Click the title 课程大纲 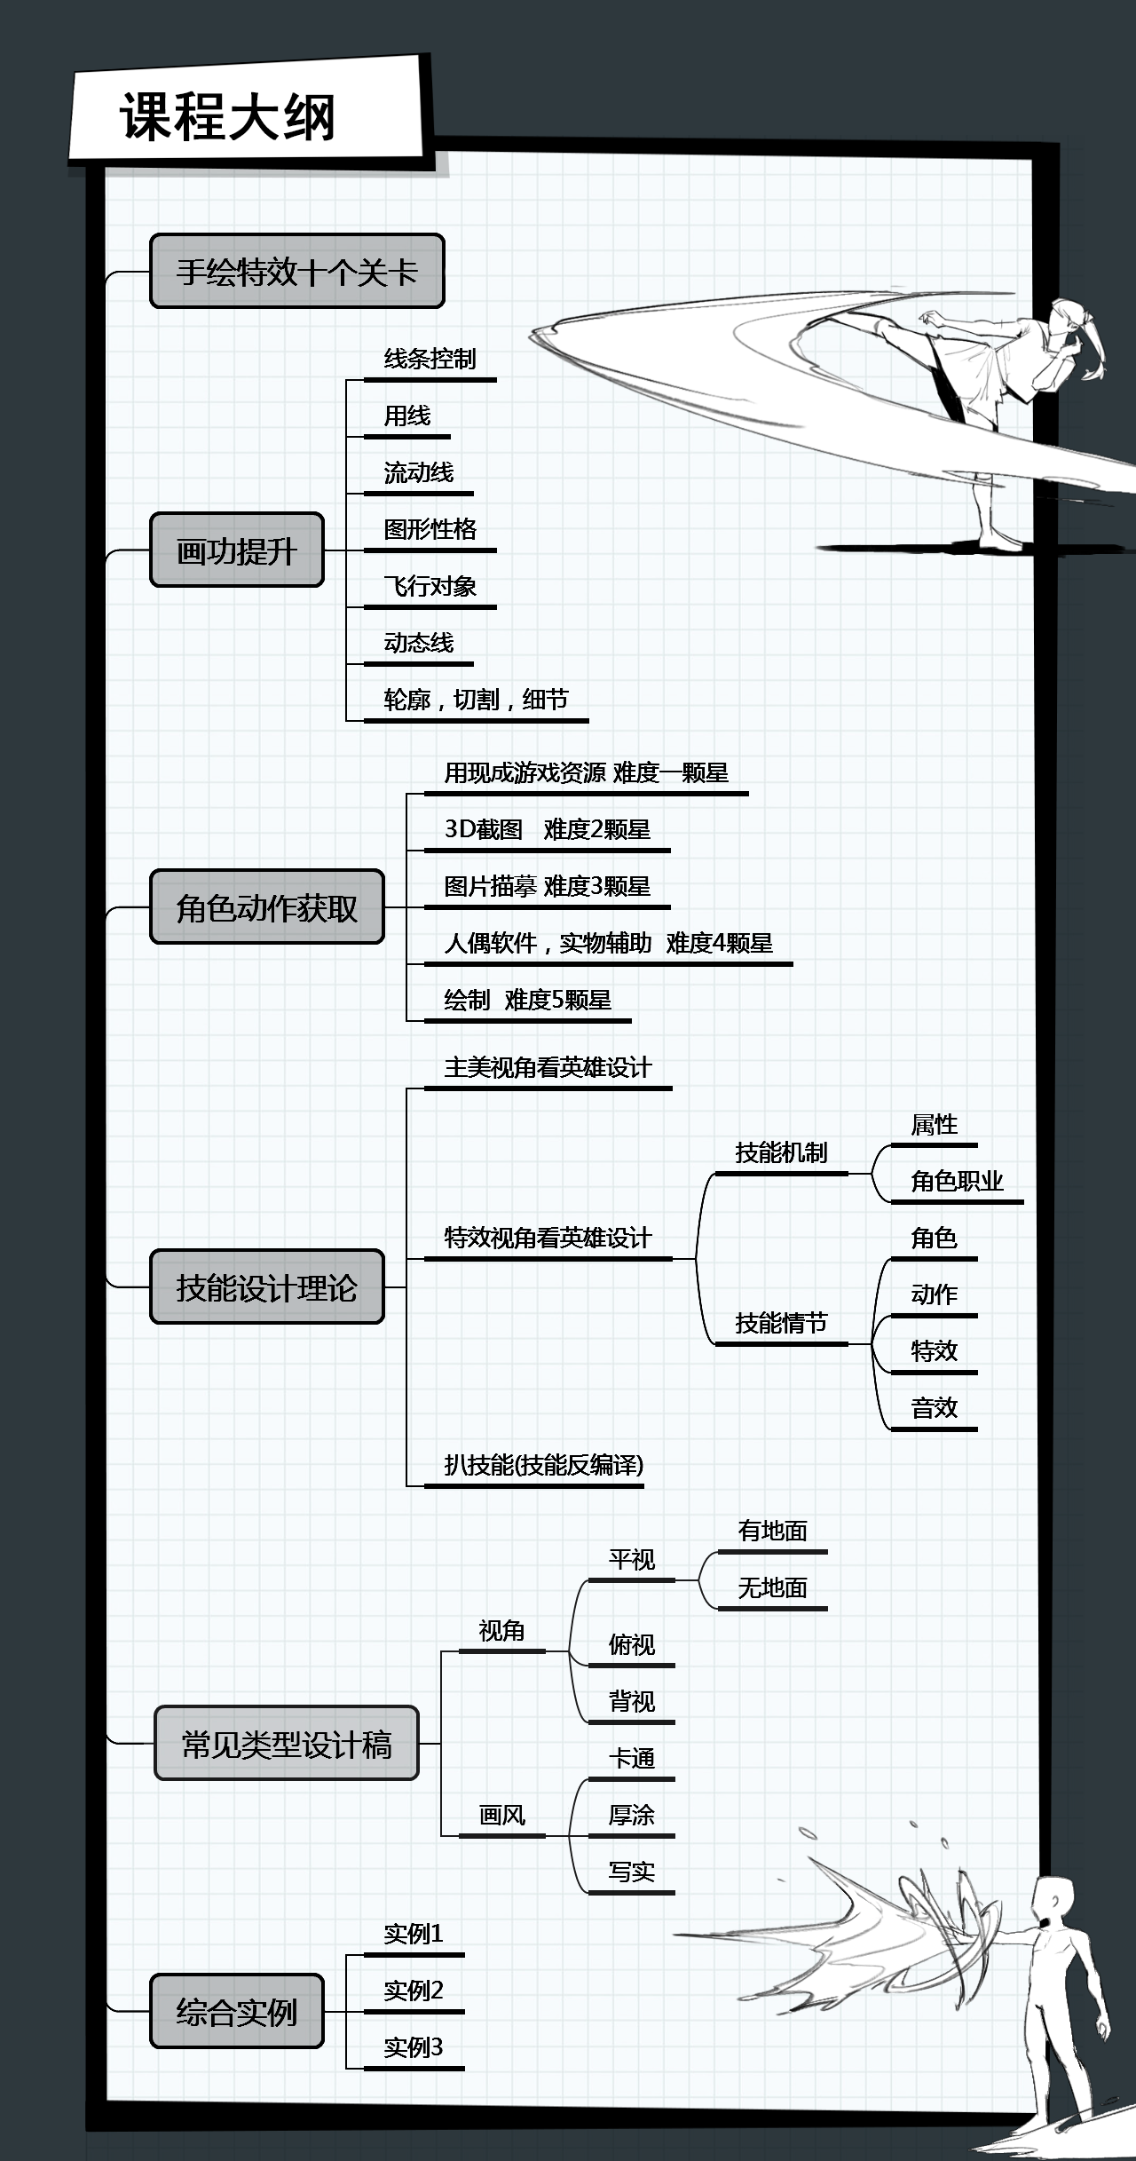(228, 116)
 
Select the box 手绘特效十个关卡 (296, 272)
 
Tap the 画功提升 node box (236, 550)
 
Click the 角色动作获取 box (266, 907)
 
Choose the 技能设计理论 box (266, 1287)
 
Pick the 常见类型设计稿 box (286, 1744)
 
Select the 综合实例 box (236, 2012)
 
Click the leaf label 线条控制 (430, 359)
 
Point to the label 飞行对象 (430, 586)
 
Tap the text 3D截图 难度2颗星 (547, 829)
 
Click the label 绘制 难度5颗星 (527, 1000)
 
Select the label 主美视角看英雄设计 (548, 1067)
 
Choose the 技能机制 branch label (781, 1152)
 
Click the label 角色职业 (957, 1181)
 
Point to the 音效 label (934, 1408)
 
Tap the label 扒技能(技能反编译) (543, 1465)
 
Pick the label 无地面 (772, 1587)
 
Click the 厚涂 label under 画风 (631, 1815)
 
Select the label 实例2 (413, 1991)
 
